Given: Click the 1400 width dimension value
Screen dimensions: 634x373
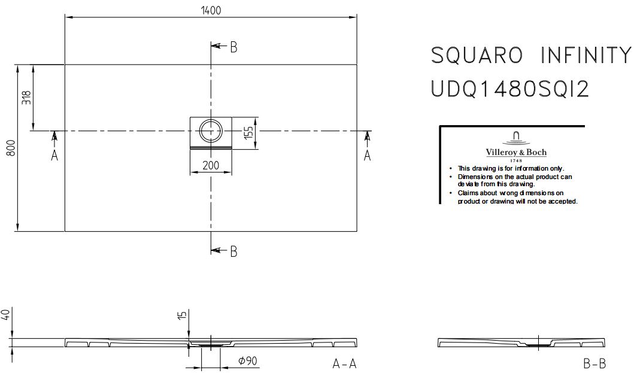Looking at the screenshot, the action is click(x=211, y=10).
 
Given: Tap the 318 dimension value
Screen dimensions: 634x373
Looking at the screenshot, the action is click(x=26, y=98).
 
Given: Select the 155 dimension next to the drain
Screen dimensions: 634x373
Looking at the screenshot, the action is click(x=248, y=133).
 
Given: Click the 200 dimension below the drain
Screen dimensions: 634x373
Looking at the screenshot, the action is click(x=211, y=165).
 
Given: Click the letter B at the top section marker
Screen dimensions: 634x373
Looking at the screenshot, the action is click(x=233, y=47).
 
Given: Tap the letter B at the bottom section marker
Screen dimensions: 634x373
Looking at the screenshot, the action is click(x=233, y=251).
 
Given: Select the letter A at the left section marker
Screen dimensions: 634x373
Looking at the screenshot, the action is click(x=54, y=155).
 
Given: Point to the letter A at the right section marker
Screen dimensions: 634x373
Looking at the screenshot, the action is click(x=367, y=155).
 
